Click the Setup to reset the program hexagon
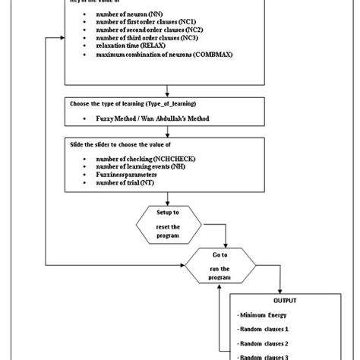click(168, 225)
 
